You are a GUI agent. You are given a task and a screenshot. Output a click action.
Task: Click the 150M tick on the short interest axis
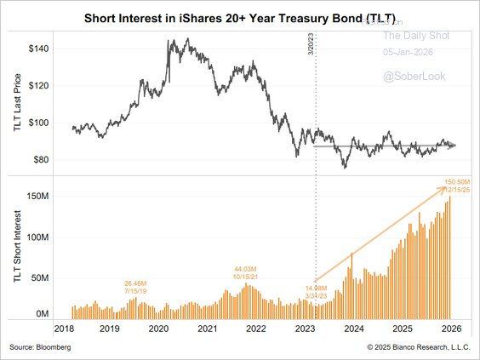point(39,197)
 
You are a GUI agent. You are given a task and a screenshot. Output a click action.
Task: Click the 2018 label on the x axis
point(66,329)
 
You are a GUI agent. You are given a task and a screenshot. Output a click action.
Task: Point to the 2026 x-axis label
point(450,329)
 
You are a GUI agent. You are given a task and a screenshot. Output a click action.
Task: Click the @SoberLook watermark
point(410,77)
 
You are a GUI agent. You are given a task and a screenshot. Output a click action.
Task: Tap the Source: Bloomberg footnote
point(42,347)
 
